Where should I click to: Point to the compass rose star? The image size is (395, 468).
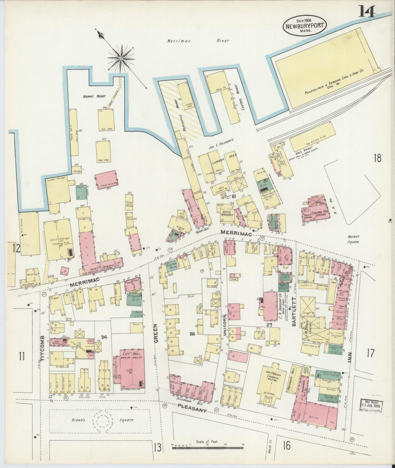coord(121,58)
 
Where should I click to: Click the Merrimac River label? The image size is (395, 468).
coord(198,41)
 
